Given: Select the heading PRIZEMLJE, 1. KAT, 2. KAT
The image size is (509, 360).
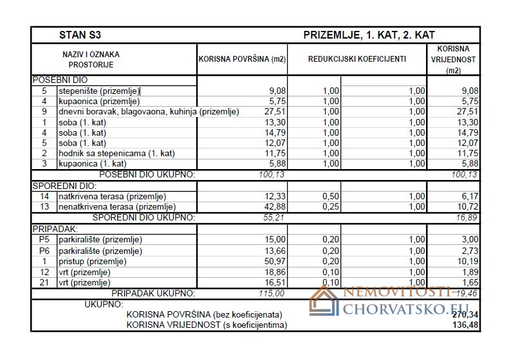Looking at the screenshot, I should [x=364, y=35].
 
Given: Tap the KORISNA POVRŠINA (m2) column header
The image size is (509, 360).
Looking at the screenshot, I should [x=242, y=59].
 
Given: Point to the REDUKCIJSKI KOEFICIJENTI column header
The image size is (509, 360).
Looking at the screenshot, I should [x=356, y=59].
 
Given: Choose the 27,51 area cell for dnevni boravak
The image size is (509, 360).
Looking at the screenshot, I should [x=272, y=112].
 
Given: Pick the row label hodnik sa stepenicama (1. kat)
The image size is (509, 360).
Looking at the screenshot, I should [x=116, y=154].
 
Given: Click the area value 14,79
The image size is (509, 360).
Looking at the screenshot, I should [x=272, y=133].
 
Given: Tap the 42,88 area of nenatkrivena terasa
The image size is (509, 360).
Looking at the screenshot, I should [x=272, y=207].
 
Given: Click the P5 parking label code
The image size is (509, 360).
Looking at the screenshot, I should [x=44, y=240].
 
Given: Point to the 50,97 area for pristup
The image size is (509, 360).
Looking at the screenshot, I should [x=272, y=262].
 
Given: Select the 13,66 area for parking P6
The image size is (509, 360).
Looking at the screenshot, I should [x=272, y=251].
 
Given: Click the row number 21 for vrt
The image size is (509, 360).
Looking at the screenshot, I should [x=44, y=283].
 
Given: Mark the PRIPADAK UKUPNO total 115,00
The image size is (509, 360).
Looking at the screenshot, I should [x=272, y=294].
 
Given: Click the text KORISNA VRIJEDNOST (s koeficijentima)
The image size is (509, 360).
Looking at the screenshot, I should [x=207, y=325].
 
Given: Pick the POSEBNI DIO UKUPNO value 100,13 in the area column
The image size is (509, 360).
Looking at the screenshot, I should [x=272, y=175].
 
